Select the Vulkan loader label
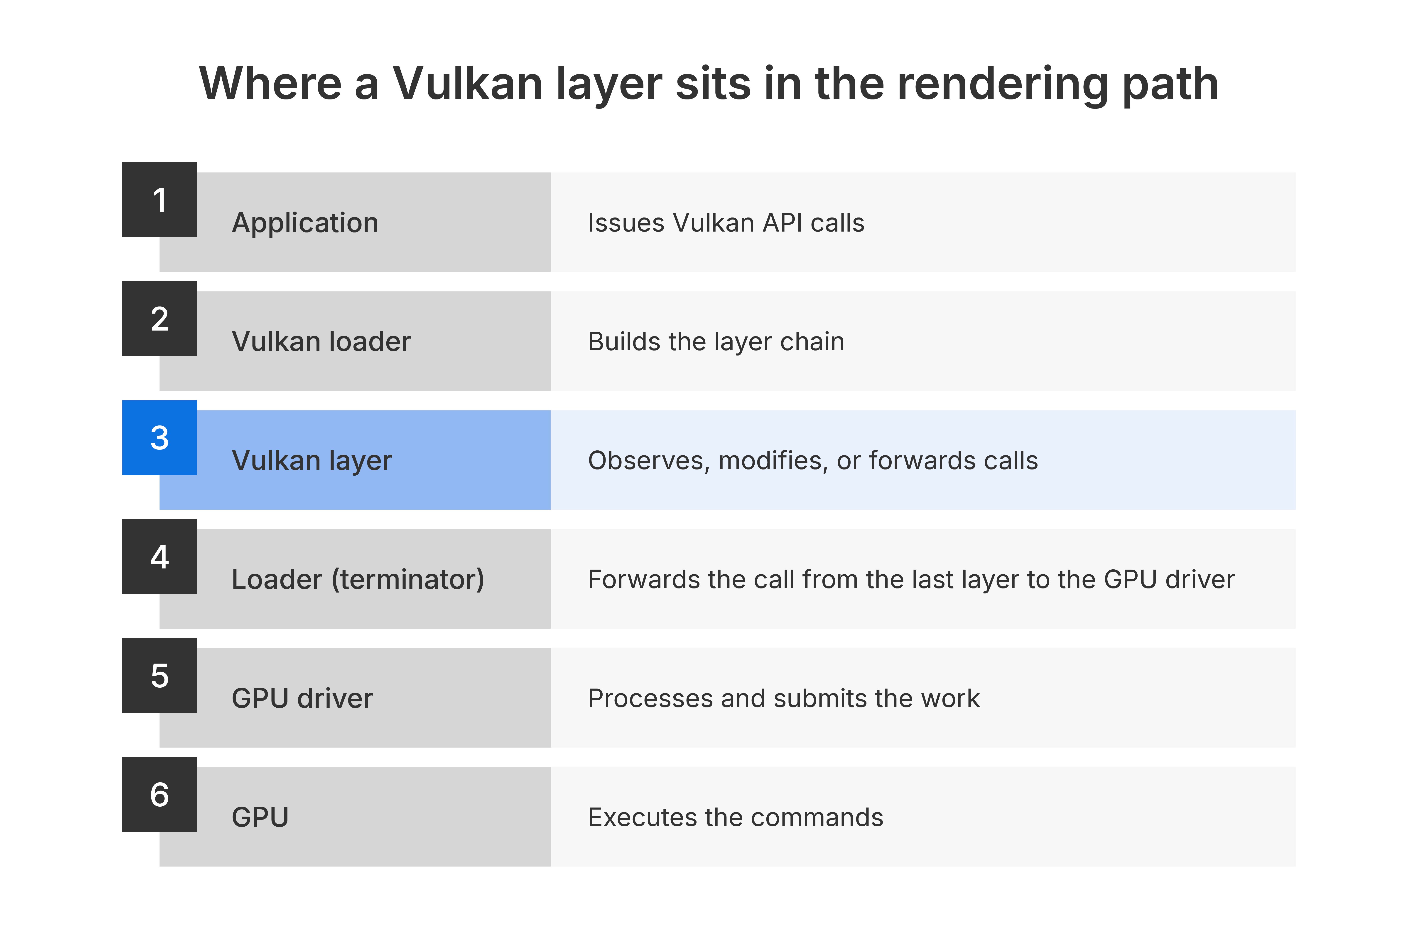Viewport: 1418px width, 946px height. point(321,341)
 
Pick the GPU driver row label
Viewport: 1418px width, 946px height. point(303,698)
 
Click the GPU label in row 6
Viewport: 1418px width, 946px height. point(260,817)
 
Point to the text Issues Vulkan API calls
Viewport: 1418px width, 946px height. point(726,223)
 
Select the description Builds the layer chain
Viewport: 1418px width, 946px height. point(716,341)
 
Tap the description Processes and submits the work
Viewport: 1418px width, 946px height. point(784,698)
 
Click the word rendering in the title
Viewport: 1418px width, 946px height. point(1003,84)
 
